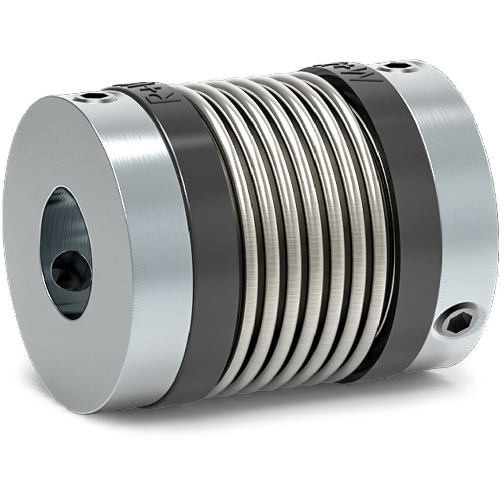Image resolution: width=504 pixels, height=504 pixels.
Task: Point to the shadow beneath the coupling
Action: (x=302, y=418)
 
